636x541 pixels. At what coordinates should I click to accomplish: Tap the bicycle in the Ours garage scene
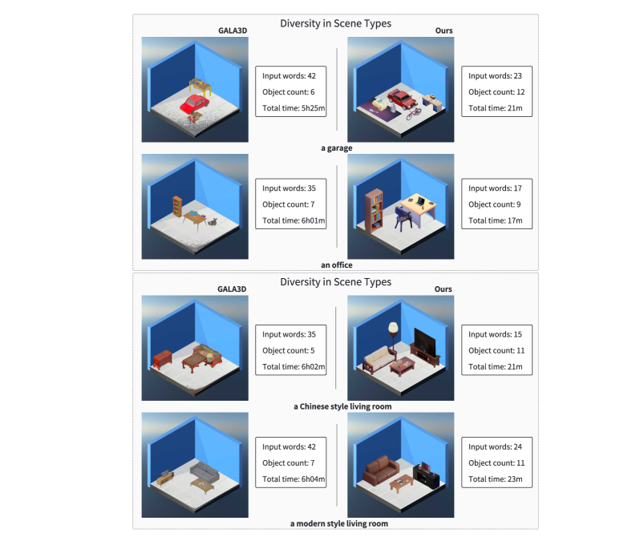pos(414,113)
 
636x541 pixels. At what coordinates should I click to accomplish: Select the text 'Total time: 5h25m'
pos(294,107)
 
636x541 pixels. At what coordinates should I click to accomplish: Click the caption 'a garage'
pos(335,148)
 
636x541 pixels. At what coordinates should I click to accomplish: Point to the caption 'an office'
pos(335,264)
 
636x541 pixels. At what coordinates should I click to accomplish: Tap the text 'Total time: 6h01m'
pos(294,220)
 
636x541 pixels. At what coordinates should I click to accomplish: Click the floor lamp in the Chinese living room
pos(392,337)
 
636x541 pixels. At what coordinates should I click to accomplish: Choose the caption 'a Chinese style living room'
pos(342,406)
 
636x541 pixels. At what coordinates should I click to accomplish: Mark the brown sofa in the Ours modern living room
pos(379,470)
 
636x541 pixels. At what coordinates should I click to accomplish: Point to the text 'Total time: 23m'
pos(495,479)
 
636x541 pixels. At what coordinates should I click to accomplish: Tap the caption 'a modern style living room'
pos(338,523)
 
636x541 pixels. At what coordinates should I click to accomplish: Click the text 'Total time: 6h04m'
pos(294,479)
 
